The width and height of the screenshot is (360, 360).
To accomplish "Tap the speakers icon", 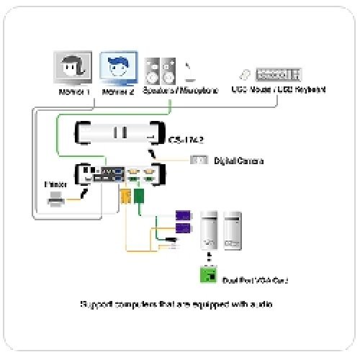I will pyautogui.click(x=159, y=70).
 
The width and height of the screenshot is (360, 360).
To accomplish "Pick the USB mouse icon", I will pyautogui.click(x=244, y=74).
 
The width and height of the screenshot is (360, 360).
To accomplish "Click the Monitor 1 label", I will pyautogui.click(x=74, y=91).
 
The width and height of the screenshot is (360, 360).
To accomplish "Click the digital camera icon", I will pyautogui.click(x=199, y=160).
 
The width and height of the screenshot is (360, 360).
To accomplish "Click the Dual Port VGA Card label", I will pyautogui.click(x=251, y=278).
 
